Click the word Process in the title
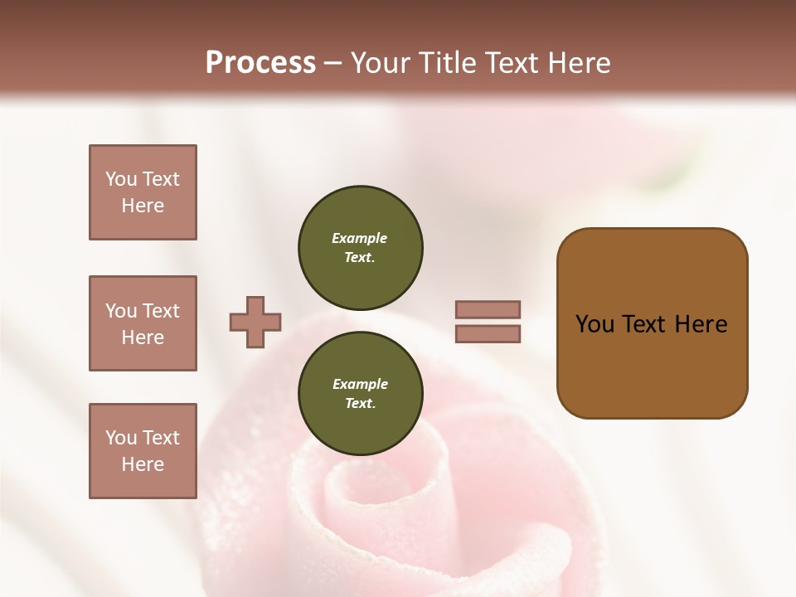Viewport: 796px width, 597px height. click(260, 63)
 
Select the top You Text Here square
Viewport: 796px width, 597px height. click(143, 192)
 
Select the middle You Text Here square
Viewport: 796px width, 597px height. click(143, 323)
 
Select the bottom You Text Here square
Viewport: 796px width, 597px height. click(143, 451)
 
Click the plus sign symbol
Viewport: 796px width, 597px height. click(255, 322)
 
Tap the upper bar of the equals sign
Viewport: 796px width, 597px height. click(488, 309)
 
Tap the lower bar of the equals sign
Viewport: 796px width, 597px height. click(488, 334)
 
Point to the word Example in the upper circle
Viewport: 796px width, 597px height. click(359, 238)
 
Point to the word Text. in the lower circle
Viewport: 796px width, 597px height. click(360, 403)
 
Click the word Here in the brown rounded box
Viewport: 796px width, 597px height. click(701, 324)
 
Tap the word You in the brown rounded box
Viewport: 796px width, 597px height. click(595, 324)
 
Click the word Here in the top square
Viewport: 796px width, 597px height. click(143, 206)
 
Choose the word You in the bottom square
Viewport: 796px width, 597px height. click(121, 438)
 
